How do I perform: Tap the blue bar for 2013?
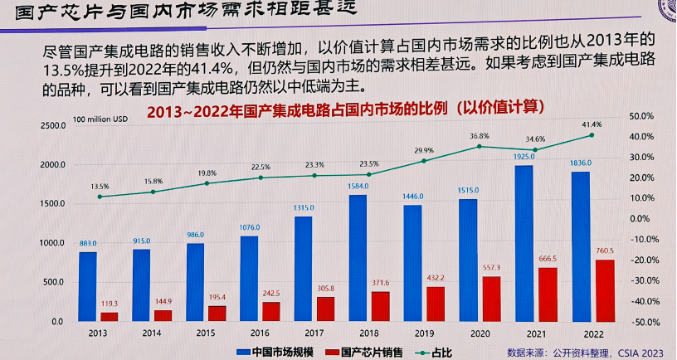pyautogui.click(x=88, y=286)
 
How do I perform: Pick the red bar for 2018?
pyautogui.click(x=382, y=305)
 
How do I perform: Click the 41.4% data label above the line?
pyautogui.click(x=592, y=124)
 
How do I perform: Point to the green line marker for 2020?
pyautogui.click(x=480, y=147)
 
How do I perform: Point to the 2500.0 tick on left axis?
pyautogui.click(x=51, y=125)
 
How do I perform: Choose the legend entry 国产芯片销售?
pyautogui.click(x=369, y=351)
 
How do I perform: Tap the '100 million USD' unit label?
pyautogui.click(x=101, y=119)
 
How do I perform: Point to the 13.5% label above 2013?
pyautogui.click(x=100, y=186)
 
